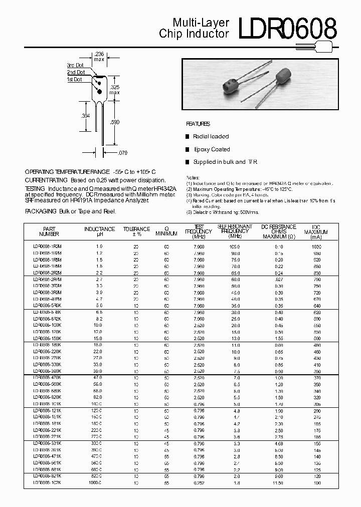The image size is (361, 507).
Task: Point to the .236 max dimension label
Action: [x=99, y=57]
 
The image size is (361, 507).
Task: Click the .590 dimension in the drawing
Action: [x=115, y=122]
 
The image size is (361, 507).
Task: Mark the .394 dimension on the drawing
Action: [x=86, y=116]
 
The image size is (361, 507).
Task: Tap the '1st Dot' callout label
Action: [x=76, y=79]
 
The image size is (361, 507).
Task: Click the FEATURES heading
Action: [x=198, y=124]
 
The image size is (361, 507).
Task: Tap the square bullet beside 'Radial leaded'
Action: [x=188, y=136]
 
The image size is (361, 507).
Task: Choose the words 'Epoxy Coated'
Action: [x=213, y=149]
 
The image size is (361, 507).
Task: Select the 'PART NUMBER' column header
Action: [x=49, y=231]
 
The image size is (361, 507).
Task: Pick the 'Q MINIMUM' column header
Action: [x=166, y=231]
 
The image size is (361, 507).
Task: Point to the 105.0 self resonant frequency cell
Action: [x=235, y=246]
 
